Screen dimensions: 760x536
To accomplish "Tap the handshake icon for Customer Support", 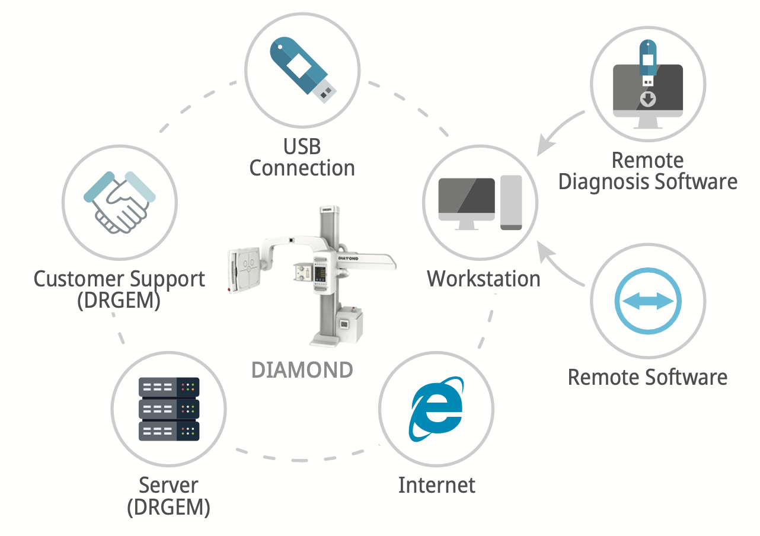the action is pos(120,202).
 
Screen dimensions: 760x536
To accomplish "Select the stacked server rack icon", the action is pos(169,409).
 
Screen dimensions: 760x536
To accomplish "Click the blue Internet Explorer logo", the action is pos(436,409).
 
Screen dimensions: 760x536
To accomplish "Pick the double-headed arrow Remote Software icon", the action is pos(648,301).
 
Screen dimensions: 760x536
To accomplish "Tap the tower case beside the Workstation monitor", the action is pos(511,202).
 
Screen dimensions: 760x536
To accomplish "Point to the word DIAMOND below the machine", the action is pos(302,370).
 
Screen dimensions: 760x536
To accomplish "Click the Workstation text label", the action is pos(484,278).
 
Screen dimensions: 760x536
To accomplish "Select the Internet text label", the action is pos(436,485).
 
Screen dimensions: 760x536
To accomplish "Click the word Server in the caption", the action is pos(168,485).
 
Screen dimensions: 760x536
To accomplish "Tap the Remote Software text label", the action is pos(647,377).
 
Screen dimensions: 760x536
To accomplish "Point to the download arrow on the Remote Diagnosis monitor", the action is pos(649,98).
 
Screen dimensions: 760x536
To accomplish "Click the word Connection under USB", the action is pos(302,168).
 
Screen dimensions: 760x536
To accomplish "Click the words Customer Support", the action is pos(119,279).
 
